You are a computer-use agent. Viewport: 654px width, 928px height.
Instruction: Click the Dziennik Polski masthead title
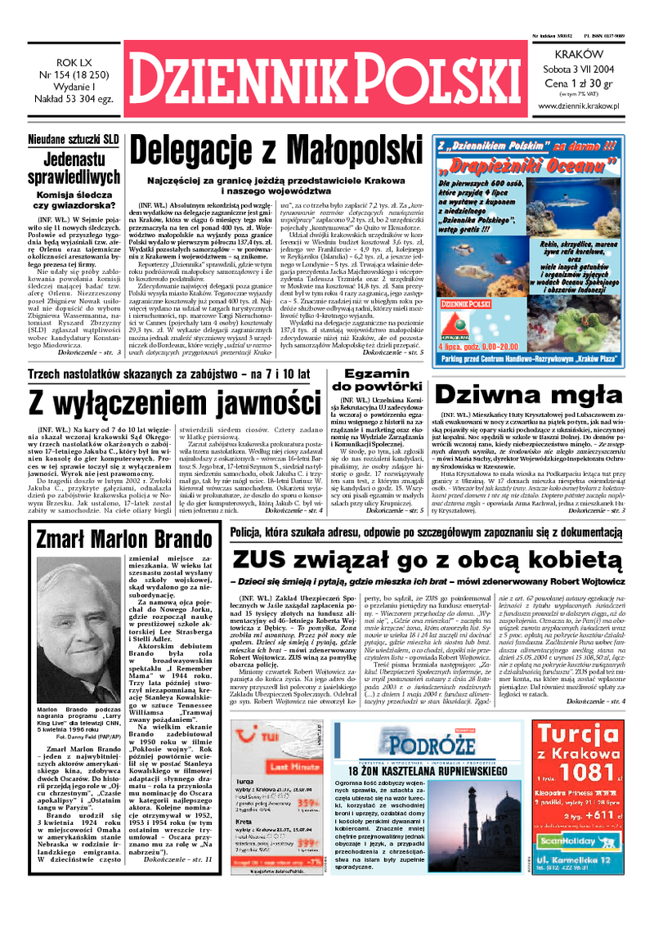click(327, 78)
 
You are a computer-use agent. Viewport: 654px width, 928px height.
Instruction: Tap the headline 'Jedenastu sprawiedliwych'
click(73, 167)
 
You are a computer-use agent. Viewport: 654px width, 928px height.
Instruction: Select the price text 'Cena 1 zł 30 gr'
click(584, 83)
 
